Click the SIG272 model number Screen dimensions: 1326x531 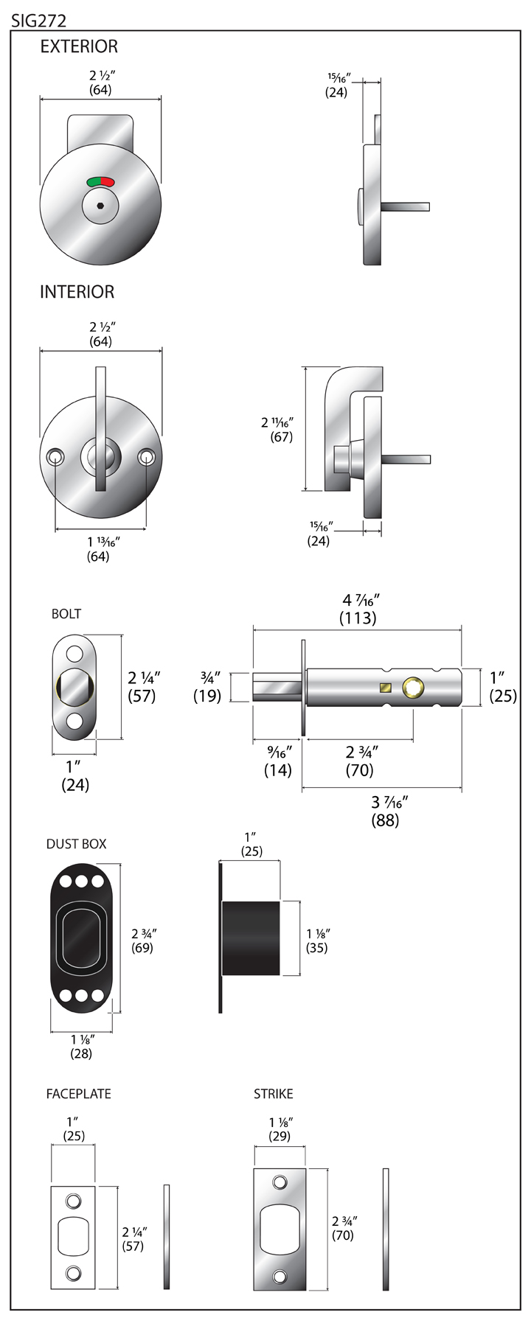point(38,21)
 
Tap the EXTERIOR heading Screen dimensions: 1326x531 point(79,46)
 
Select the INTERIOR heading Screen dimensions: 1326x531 point(77,292)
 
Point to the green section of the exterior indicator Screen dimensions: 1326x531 point(94,181)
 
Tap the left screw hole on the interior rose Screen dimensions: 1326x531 point(55,458)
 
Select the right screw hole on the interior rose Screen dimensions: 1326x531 point(147,458)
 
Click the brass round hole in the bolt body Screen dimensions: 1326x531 point(413,688)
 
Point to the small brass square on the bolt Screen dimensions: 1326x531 point(384,688)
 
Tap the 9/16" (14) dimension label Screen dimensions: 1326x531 point(278,761)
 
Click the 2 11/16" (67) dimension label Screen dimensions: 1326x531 point(278,430)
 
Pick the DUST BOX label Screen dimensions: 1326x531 point(76,844)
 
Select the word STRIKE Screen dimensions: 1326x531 point(273,1094)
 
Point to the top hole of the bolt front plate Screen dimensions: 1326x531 point(74,654)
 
